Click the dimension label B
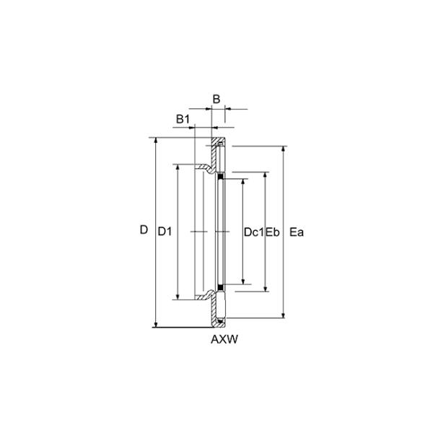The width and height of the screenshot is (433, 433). coord(216,99)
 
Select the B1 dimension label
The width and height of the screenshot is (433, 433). coord(183,119)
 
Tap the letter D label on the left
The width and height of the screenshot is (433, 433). coord(144,229)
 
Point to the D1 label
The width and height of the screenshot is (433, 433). coord(165,232)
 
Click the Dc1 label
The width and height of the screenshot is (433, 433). coord(254,232)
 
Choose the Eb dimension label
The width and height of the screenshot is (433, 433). coord(273,232)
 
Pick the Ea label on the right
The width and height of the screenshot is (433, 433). coord(297,232)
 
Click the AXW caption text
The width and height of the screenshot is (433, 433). coord(224,339)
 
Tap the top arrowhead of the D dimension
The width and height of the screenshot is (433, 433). coord(156,140)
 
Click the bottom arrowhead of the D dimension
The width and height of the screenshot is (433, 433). coord(156,325)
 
